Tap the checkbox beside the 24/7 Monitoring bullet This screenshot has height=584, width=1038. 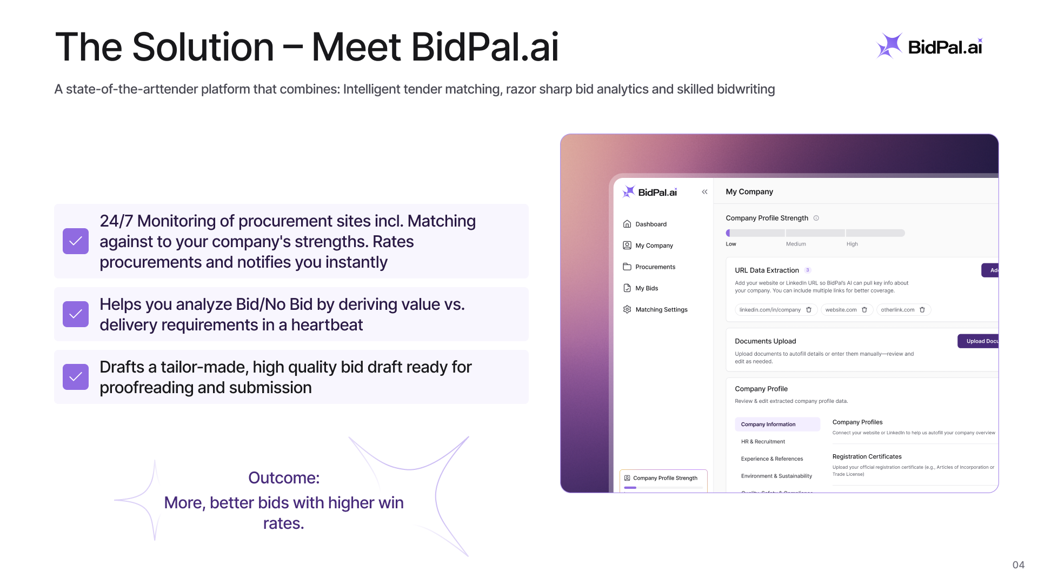click(76, 241)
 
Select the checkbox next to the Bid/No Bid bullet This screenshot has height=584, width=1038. click(76, 314)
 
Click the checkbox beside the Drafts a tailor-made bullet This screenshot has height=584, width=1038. click(76, 377)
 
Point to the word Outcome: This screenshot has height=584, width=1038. click(284, 478)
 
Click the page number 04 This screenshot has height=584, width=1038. click(1018, 565)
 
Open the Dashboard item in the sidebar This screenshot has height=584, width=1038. click(650, 224)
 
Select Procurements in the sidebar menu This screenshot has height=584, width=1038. click(655, 267)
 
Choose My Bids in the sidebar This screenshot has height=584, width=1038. click(647, 288)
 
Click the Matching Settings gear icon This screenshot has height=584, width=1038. click(627, 309)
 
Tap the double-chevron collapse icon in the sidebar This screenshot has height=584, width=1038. click(704, 192)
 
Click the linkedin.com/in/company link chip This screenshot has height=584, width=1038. click(770, 310)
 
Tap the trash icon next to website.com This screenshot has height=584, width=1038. click(864, 310)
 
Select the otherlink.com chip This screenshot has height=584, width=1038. click(897, 310)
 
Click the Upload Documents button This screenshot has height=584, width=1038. click(980, 341)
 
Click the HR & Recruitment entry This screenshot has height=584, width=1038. click(763, 442)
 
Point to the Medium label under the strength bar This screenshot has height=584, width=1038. click(796, 244)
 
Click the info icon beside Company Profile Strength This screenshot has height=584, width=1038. click(816, 218)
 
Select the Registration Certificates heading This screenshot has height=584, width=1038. click(867, 457)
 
